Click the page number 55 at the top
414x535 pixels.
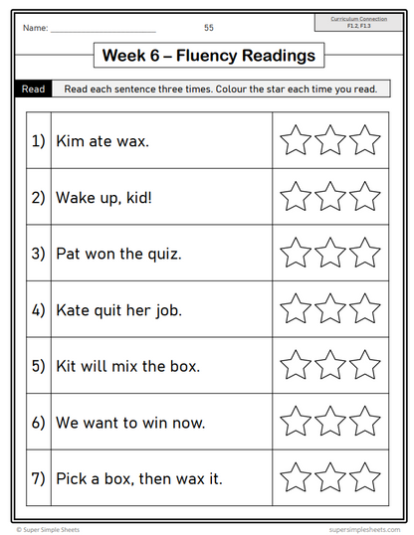[x=209, y=27]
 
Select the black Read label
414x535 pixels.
[x=33, y=89]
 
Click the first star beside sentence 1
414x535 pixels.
[x=296, y=140]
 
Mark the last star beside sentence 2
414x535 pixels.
[x=364, y=196]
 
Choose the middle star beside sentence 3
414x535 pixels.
[x=330, y=253]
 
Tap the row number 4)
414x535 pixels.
[x=39, y=309]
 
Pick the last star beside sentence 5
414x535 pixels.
[x=364, y=365]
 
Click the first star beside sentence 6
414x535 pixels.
[x=296, y=422]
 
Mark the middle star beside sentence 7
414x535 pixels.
[x=330, y=477]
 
